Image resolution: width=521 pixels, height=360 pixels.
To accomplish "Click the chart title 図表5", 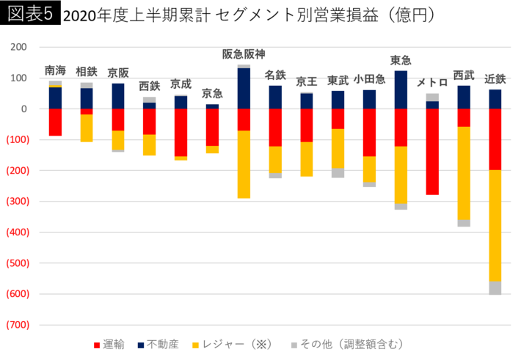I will [30, 14].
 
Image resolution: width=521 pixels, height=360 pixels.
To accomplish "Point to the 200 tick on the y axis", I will [19, 47].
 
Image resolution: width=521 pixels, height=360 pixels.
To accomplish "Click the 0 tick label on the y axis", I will [24, 109].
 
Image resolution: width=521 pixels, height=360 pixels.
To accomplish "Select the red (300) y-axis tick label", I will [18, 202].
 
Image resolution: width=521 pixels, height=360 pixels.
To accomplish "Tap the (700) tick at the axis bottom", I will [18, 325].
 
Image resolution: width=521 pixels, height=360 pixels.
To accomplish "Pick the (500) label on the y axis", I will [18, 263].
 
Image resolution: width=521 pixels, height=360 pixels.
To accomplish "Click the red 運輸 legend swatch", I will [98, 345].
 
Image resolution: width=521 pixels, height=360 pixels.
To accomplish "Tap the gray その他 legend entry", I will [345, 344].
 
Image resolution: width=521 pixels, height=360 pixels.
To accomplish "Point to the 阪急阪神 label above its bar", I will [244, 54].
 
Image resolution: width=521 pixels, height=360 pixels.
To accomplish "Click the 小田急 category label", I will [369, 79].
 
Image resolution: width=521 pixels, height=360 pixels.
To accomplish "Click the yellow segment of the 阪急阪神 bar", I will [244, 165].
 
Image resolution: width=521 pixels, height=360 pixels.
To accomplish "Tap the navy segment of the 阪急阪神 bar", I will [244, 88].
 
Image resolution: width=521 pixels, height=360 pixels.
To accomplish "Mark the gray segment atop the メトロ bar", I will [432, 97].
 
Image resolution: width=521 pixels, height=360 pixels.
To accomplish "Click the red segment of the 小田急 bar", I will [369, 132].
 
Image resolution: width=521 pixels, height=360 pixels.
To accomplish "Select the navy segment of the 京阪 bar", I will [118, 95].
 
